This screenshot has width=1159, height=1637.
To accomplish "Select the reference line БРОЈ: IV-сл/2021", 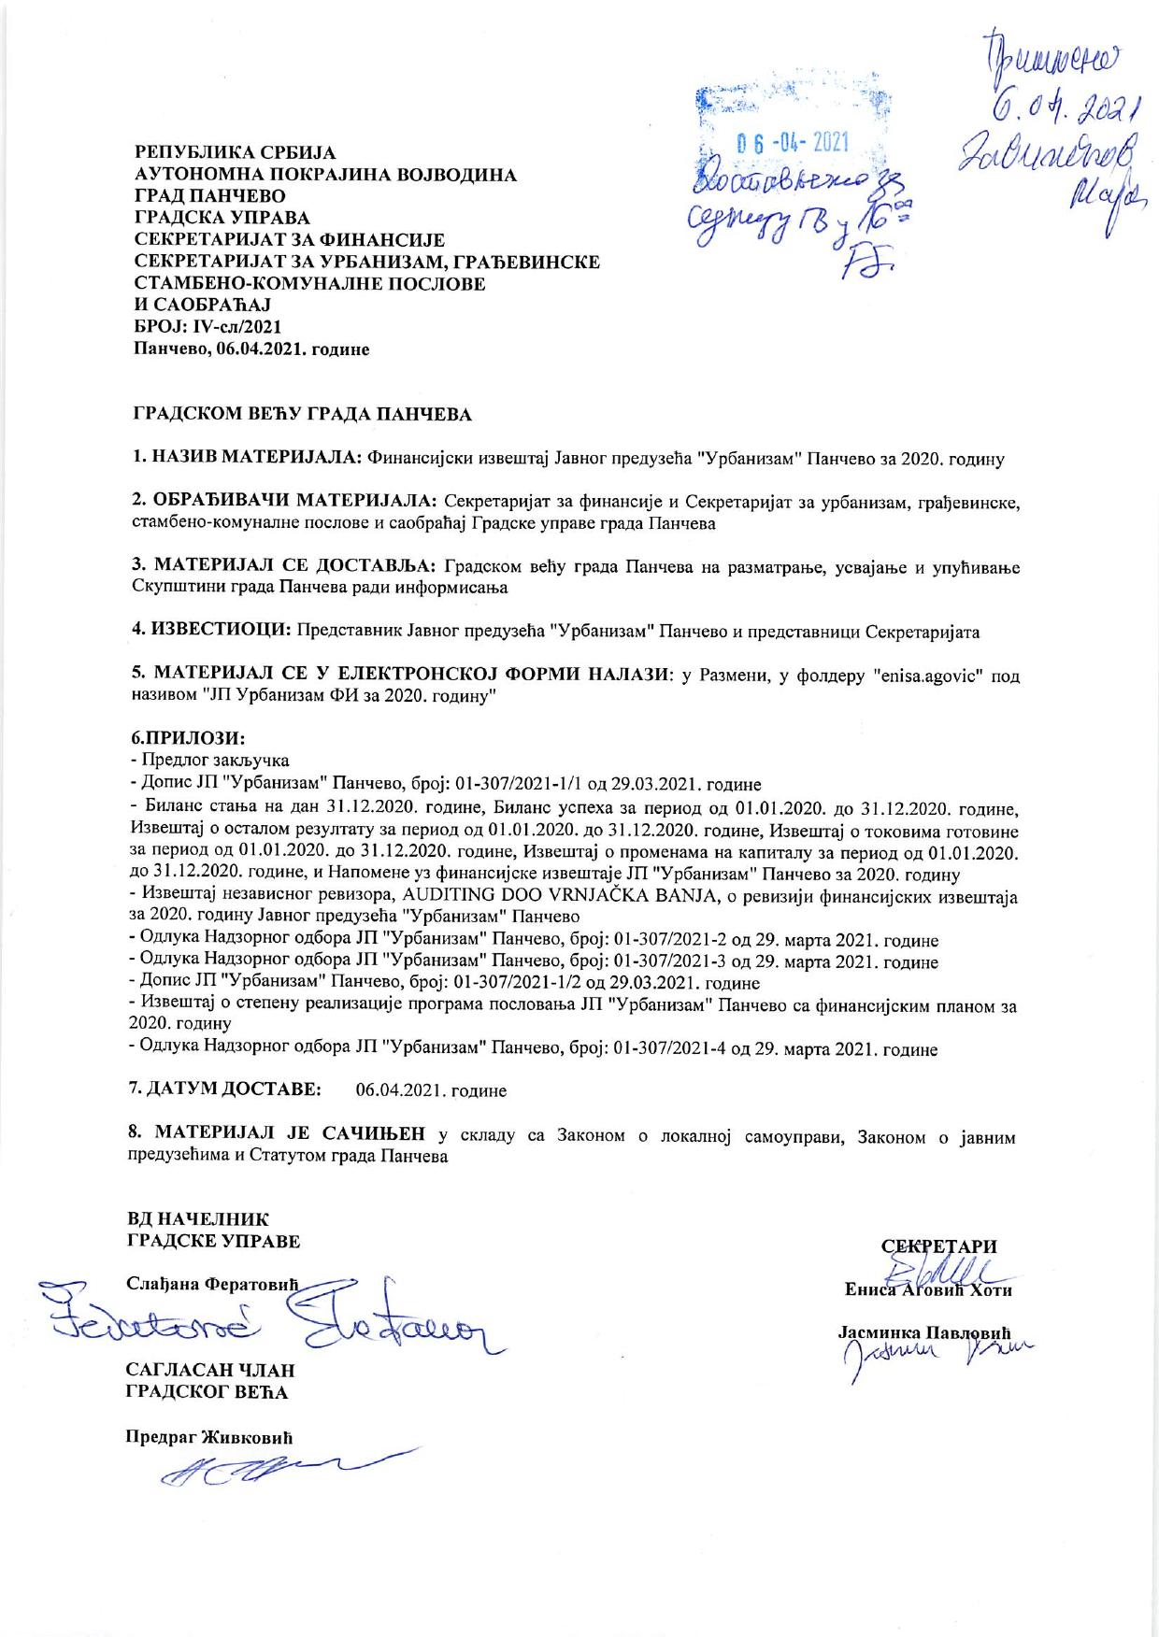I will pyautogui.click(x=207, y=328).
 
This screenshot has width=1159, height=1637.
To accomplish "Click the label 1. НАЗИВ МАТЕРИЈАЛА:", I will pyautogui.click(x=246, y=459).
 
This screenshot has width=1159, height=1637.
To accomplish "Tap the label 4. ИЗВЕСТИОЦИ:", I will pyautogui.click(x=210, y=631).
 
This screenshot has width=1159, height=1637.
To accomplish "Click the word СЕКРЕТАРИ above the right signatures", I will pyautogui.click(x=939, y=1246).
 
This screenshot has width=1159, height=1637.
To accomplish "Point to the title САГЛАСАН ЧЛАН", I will pyautogui.click(x=210, y=1370).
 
